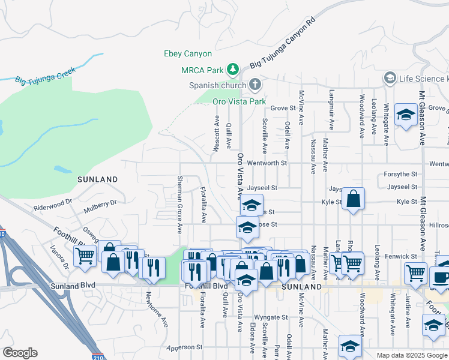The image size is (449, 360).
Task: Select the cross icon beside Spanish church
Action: coord(255,85)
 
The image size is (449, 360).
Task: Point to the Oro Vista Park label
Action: coord(239,101)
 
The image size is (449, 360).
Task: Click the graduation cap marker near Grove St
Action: coord(406,115)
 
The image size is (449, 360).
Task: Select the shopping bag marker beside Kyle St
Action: coord(354,198)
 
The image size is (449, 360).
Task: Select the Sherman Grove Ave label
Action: coord(179,205)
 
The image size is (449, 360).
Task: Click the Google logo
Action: coord(20,353)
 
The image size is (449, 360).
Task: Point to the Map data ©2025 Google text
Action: coord(411,355)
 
